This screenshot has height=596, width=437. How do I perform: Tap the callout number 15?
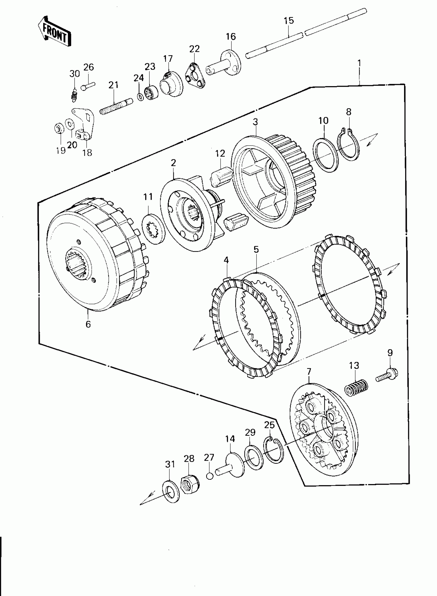click(x=289, y=21)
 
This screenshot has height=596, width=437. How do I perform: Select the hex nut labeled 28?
click(x=190, y=484)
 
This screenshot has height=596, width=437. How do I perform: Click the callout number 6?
click(x=88, y=324)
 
